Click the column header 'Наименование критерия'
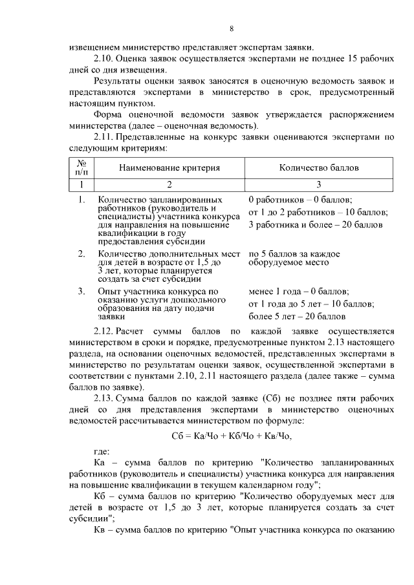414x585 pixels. click(x=169, y=168)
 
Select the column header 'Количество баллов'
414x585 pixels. click(x=318, y=168)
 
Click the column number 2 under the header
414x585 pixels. click(x=169, y=184)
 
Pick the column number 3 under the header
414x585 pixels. click(x=318, y=184)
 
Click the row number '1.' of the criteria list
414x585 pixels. click(x=82, y=200)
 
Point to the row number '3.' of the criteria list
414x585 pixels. click(x=82, y=292)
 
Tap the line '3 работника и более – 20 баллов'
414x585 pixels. click(x=315, y=225)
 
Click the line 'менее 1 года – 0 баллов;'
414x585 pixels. click(x=298, y=292)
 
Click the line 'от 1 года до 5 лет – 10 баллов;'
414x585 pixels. click(x=311, y=304)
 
